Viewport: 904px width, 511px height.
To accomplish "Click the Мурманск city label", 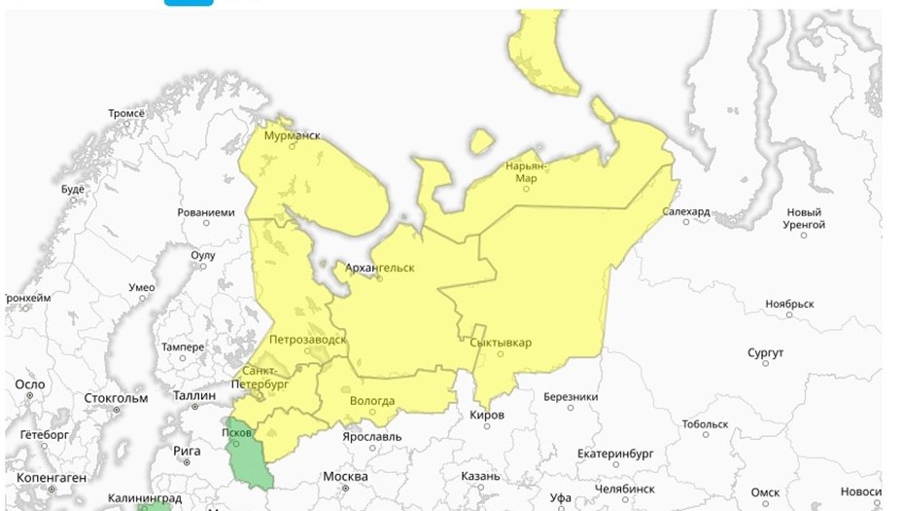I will click(x=293, y=135).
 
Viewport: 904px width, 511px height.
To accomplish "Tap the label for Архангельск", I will click(x=384, y=268).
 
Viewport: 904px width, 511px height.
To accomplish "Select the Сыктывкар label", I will click(x=500, y=343).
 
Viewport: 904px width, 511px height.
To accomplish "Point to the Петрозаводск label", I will click(x=306, y=340).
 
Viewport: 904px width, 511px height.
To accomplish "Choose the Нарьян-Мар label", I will click(x=527, y=171).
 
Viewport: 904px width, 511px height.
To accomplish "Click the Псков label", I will click(x=237, y=432).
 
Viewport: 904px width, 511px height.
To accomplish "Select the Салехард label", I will click(x=686, y=211).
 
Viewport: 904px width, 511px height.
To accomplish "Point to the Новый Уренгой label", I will click(x=804, y=218).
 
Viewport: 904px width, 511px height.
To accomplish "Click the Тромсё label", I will click(x=126, y=114).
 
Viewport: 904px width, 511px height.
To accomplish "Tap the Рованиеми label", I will click(x=206, y=212).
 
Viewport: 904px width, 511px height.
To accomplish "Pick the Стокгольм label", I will click(x=116, y=397).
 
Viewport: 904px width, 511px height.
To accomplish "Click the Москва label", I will click(x=345, y=477).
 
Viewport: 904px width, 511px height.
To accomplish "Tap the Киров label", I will click(x=487, y=415).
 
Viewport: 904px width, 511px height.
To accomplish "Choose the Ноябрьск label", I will click(x=788, y=304).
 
